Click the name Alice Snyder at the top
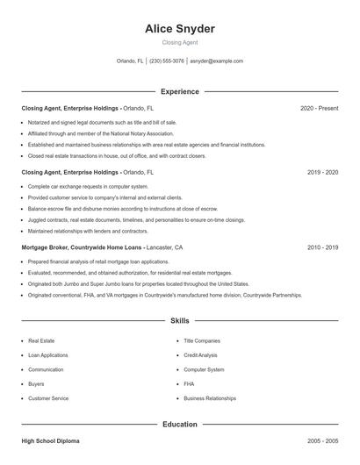click(x=180, y=28)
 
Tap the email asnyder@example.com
click(x=216, y=61)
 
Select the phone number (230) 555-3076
click(x=167, y=61)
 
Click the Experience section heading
click(x=180, y=91)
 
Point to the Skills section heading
click(x=180, y=321)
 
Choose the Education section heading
click(x=180, y=424)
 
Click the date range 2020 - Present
click(x=319, y=109)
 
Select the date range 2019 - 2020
click(x=322, y=173)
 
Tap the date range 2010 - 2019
click(x=322, y=248)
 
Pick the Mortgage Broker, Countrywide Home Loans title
click(x=83, y=248)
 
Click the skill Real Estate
click(x=41, y=340)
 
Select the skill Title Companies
click(x=201, y=340)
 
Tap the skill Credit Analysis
click(x=200, y=354)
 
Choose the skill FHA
click(x=189, y=383)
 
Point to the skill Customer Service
click(x=48, y=398)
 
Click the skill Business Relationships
click(x=210, y=398)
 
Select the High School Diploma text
click(x=50, y=441)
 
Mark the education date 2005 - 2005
click(x=322, y=441)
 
